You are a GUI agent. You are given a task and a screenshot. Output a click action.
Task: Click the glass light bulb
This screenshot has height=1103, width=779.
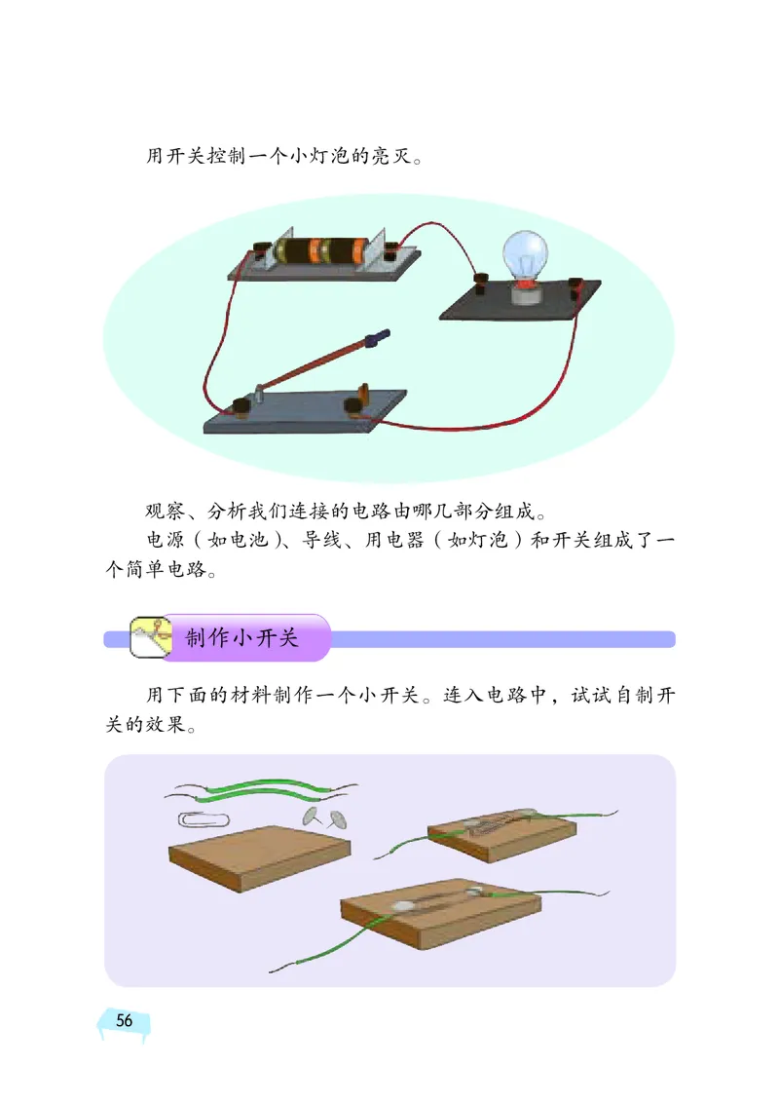pos(522,255)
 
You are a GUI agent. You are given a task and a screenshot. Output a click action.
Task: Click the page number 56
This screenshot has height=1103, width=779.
pos(125,1020)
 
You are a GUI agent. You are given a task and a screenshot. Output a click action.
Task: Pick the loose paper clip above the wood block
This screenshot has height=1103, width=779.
pos(202,818)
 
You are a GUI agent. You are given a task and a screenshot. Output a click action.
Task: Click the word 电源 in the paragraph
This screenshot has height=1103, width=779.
pos(164,541)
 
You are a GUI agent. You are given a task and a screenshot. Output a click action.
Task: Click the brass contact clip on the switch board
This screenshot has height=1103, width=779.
pos(365,394)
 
